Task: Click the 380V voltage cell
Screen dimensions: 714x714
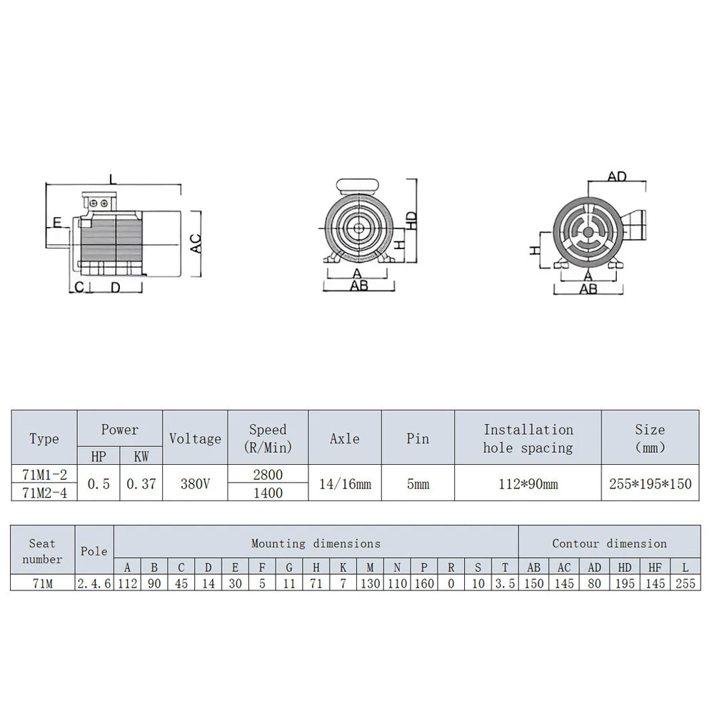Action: click(x=195, y=483)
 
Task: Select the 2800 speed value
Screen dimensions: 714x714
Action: click(x=268, y=474)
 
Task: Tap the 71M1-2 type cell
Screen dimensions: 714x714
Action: click(x=44, y=474)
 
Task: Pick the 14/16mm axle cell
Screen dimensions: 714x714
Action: click(x=345, y=483)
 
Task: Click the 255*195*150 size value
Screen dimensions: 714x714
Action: click(x=650, y=483)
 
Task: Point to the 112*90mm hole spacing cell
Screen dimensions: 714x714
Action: click(x=528, y=483)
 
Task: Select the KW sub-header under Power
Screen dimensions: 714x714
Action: click(x=141, y=456)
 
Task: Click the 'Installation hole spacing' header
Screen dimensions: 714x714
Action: click(x=528, y=438)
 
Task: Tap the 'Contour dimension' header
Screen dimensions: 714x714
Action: click(x=609, y=543)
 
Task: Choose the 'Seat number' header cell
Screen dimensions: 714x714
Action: click(x=42, y=551)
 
